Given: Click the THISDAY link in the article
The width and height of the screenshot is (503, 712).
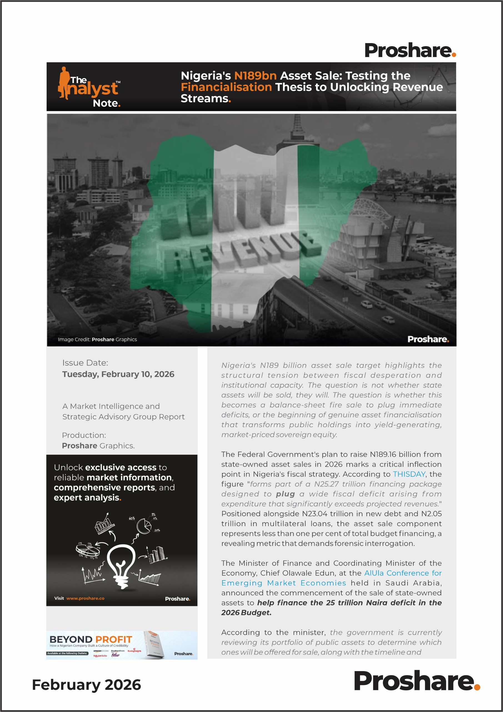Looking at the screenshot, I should pos(409,474).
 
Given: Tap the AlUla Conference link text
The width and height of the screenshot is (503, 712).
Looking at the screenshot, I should pos(403,573).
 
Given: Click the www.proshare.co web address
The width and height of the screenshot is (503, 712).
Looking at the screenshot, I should pos(85,598).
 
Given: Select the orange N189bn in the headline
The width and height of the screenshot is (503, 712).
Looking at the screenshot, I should pos(255,76).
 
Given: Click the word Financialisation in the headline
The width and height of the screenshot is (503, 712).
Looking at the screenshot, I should pos(226,87).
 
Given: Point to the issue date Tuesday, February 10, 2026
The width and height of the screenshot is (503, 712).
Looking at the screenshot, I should pos(118,374).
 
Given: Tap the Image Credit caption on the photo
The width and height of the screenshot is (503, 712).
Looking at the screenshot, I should pos(97,340).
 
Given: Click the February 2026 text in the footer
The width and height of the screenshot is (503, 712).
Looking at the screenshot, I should pos(86,685).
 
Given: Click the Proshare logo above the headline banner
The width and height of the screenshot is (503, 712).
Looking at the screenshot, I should pos(410,51).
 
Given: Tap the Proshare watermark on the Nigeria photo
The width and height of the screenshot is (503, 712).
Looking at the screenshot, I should pos(428,339).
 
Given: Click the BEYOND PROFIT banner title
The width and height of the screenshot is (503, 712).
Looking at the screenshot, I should pos(91,639).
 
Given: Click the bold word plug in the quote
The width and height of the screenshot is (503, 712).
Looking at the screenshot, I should pos(285,494).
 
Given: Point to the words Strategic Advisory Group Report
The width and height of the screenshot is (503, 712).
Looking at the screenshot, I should pos(123,417).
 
